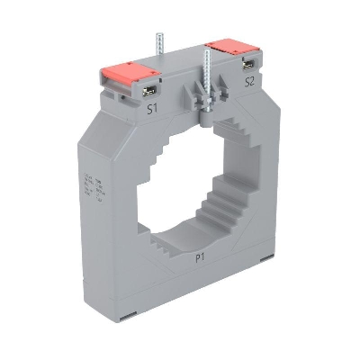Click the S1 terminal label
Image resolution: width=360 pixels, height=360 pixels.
[153, 111]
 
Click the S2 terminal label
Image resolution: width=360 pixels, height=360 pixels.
[249, 81]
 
